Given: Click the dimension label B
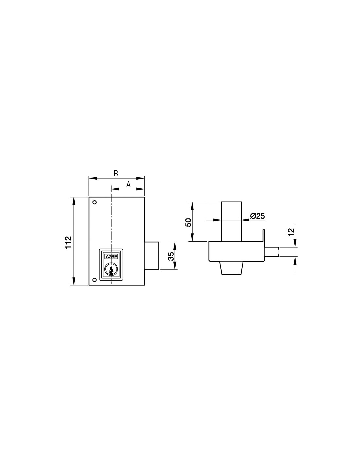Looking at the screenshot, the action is click(116, 174).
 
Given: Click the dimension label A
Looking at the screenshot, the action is click(128, 184).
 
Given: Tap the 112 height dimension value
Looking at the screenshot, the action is click(68, 242).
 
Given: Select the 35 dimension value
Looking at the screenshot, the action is click(171, 256).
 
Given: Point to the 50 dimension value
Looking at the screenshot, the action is click(188, 223).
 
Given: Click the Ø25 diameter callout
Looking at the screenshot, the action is click(258, 216).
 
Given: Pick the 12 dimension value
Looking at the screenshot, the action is click(291, 232).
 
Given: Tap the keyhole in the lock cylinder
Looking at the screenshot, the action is click(111, 271).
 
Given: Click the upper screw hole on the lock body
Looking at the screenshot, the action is click(95, 202).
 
